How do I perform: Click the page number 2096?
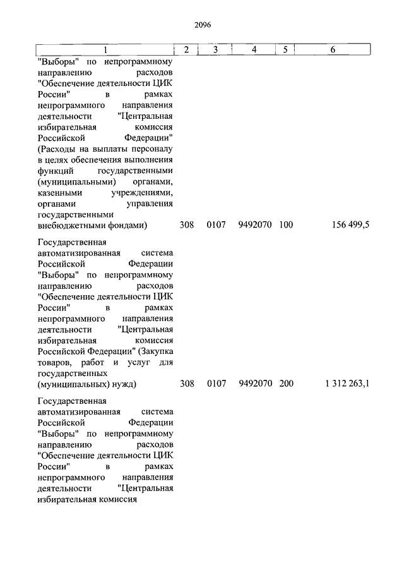click(x=202, y=25)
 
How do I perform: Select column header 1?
click(x=105, y=50)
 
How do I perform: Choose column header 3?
click(x=215, y=50)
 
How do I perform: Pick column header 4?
click(x=254, y=50)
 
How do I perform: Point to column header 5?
click(x=285, y=50)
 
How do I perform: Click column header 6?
click(x=333, y=50)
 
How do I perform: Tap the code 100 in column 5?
click(x=285, y=224)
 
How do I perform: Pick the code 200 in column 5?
click(x=285, y=384)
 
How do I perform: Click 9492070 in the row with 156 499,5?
click(x=255, y=224)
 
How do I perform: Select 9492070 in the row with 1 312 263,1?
click(x=255, y=384)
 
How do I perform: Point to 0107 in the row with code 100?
click(x=216, y=224)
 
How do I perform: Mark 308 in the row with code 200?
click(x=187, y=384)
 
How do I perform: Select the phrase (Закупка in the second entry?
click(x=157, y=351)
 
